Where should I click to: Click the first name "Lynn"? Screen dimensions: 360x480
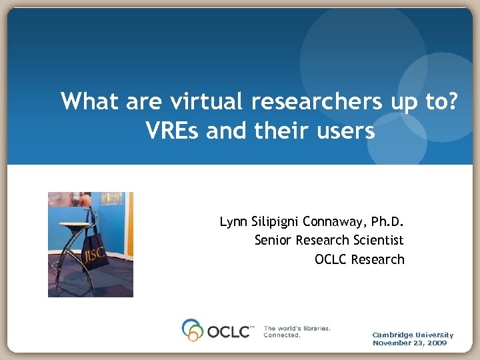pos(233,221)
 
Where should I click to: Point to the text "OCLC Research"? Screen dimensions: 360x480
pos(359,259)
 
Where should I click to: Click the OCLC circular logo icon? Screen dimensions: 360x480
pos(193,330)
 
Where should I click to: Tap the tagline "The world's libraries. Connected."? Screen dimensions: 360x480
pos(297,331)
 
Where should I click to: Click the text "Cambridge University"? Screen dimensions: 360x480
pos(413,335)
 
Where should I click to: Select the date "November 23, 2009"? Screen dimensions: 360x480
pos(409,343)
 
